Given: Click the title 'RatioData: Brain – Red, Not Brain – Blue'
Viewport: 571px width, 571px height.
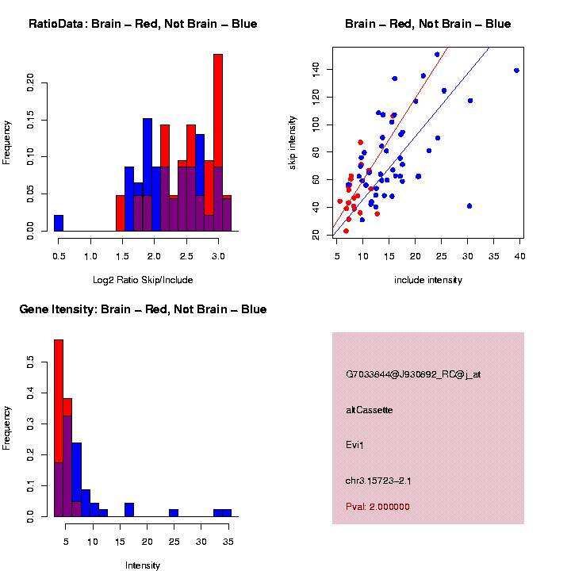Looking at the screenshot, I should pyautogui.click(x=143, y=24).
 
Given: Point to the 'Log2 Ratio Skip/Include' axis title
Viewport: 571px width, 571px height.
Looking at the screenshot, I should pyautogui.click(x=143, y=280).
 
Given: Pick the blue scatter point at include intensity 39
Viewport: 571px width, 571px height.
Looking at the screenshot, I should pyautogui.click(x=516, y=71).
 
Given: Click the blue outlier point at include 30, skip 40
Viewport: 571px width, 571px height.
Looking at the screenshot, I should pyautogui.click(x=469, y=206).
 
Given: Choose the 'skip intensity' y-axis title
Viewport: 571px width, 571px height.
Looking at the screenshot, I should pyautogui.click(x=293, y=141).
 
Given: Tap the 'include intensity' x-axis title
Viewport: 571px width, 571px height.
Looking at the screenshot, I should pyautogui.click(x=428, y=280).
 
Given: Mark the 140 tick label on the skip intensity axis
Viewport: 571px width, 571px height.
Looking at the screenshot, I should pyautogui.click(x=316, y=70).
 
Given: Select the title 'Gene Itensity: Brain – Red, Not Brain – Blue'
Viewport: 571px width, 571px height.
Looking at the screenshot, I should pyautogui.click(x=143, y=309).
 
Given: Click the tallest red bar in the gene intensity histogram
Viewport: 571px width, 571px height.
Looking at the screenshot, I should pyautogui.click(x=59, y=397).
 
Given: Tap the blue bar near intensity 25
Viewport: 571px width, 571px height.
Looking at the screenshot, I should pyautogui.click(x=174, y=513).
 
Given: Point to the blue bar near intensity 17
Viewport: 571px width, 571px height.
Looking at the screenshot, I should pyautogui.click(x=129, y=509).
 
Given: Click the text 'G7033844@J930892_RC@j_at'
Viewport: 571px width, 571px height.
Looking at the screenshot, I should pyautogui.click(x=413, y=374).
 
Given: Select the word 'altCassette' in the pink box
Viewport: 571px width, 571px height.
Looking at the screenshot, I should pyautogui.click(x=369, y=410).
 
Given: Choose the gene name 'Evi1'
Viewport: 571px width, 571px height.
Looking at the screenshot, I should pyautogui.click(x=354, y=445).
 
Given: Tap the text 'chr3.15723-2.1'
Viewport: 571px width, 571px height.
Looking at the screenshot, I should pyautogui.click(x=378, y=481).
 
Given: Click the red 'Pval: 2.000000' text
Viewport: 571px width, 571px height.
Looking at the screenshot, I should pyautogui.click(x=377, y=507).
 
